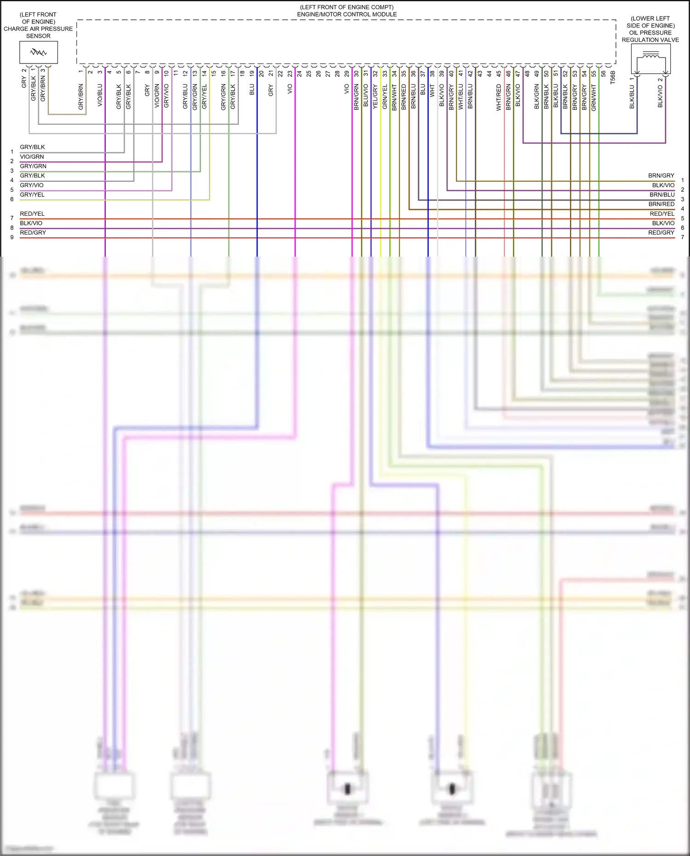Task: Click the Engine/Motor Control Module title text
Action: click(x=347, y=14)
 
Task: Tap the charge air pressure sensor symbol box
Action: click(x=39, y=52)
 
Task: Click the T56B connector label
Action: click(x=612, y=77)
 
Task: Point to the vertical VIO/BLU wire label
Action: click(x=100, y=95)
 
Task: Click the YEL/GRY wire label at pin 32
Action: click(x=375, y=97)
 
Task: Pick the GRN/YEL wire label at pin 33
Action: click(x=385, y=97)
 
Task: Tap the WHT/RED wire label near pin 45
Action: click(x=499, y=98)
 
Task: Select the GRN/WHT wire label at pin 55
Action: click(x=593, y=98)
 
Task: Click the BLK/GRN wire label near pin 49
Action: click(x=536, y=97)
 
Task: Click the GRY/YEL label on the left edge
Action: click(x=32, y=195)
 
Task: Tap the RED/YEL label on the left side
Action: click(x=32, y=214)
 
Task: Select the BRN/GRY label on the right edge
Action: click(x=661, y=176)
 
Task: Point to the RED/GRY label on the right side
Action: click(x=661, y=233)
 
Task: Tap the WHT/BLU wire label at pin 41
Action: click(x=460, y=97)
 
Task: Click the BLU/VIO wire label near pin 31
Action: click(x=366, y=96)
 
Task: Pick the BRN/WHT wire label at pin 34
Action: click(x=394, y=97)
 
